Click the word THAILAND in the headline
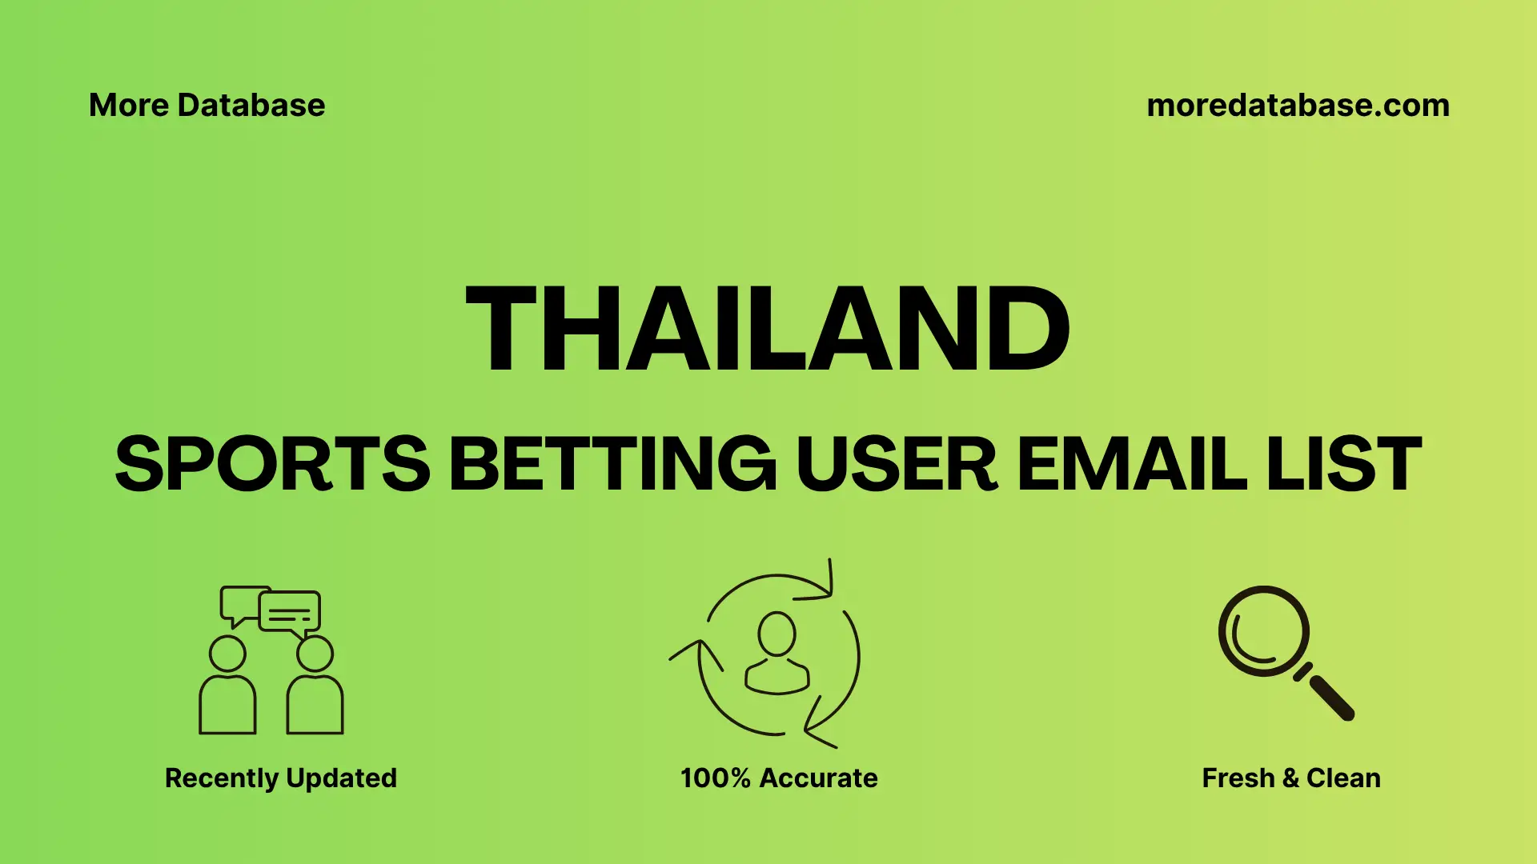767,329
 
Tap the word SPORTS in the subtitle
272,464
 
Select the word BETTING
612,464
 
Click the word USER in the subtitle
897,464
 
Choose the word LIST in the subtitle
1344,464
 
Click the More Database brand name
207,106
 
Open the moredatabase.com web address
1298,106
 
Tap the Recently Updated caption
280,778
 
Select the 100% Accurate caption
779,778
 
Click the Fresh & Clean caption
1291,778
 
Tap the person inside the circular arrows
777,654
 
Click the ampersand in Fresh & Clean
1290,778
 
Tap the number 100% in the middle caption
715,778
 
